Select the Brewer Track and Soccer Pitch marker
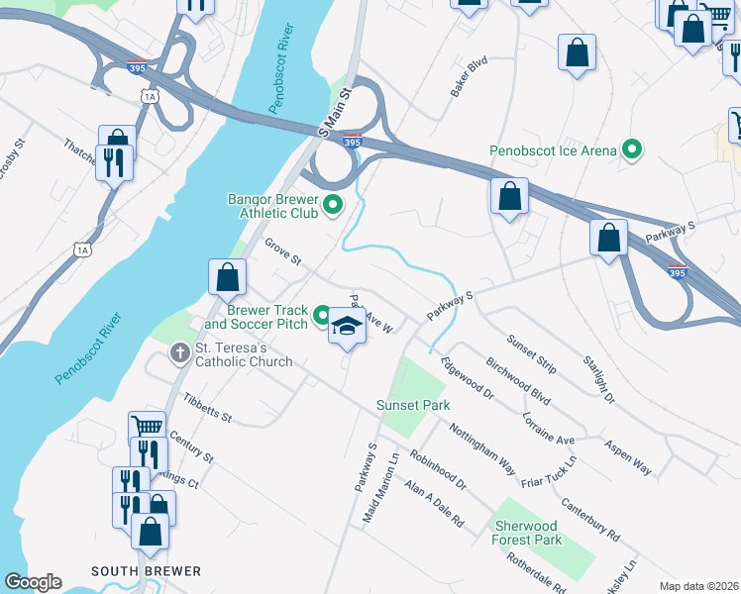coord(322,316)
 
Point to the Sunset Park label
coord(413,405)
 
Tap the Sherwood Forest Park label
coord(526,533)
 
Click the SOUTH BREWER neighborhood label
coord(146,571)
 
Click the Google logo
coord(32,582)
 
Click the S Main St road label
coord(336,112)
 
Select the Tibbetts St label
coord(207,408)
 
